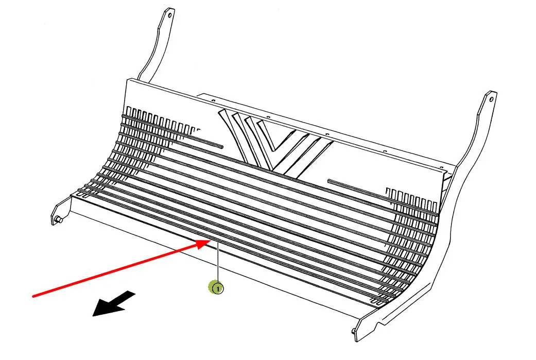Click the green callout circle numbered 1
tap(217, 288)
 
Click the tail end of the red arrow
tap(33, 296)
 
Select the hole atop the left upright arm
tap(169, 15)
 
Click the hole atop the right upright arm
tap(491, 99)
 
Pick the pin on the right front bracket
tap(353, 330)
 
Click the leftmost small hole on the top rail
tap(213, 101)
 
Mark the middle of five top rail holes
tap(327, 134)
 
